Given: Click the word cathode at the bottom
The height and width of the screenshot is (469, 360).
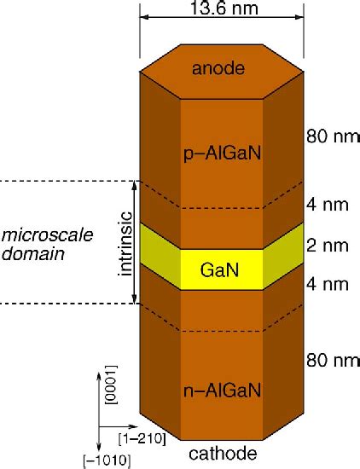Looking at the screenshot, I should coord(223,455).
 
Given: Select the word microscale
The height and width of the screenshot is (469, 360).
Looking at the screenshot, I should coord(38,234).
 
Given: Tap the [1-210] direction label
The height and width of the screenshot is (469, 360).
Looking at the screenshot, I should coord(134,439).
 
